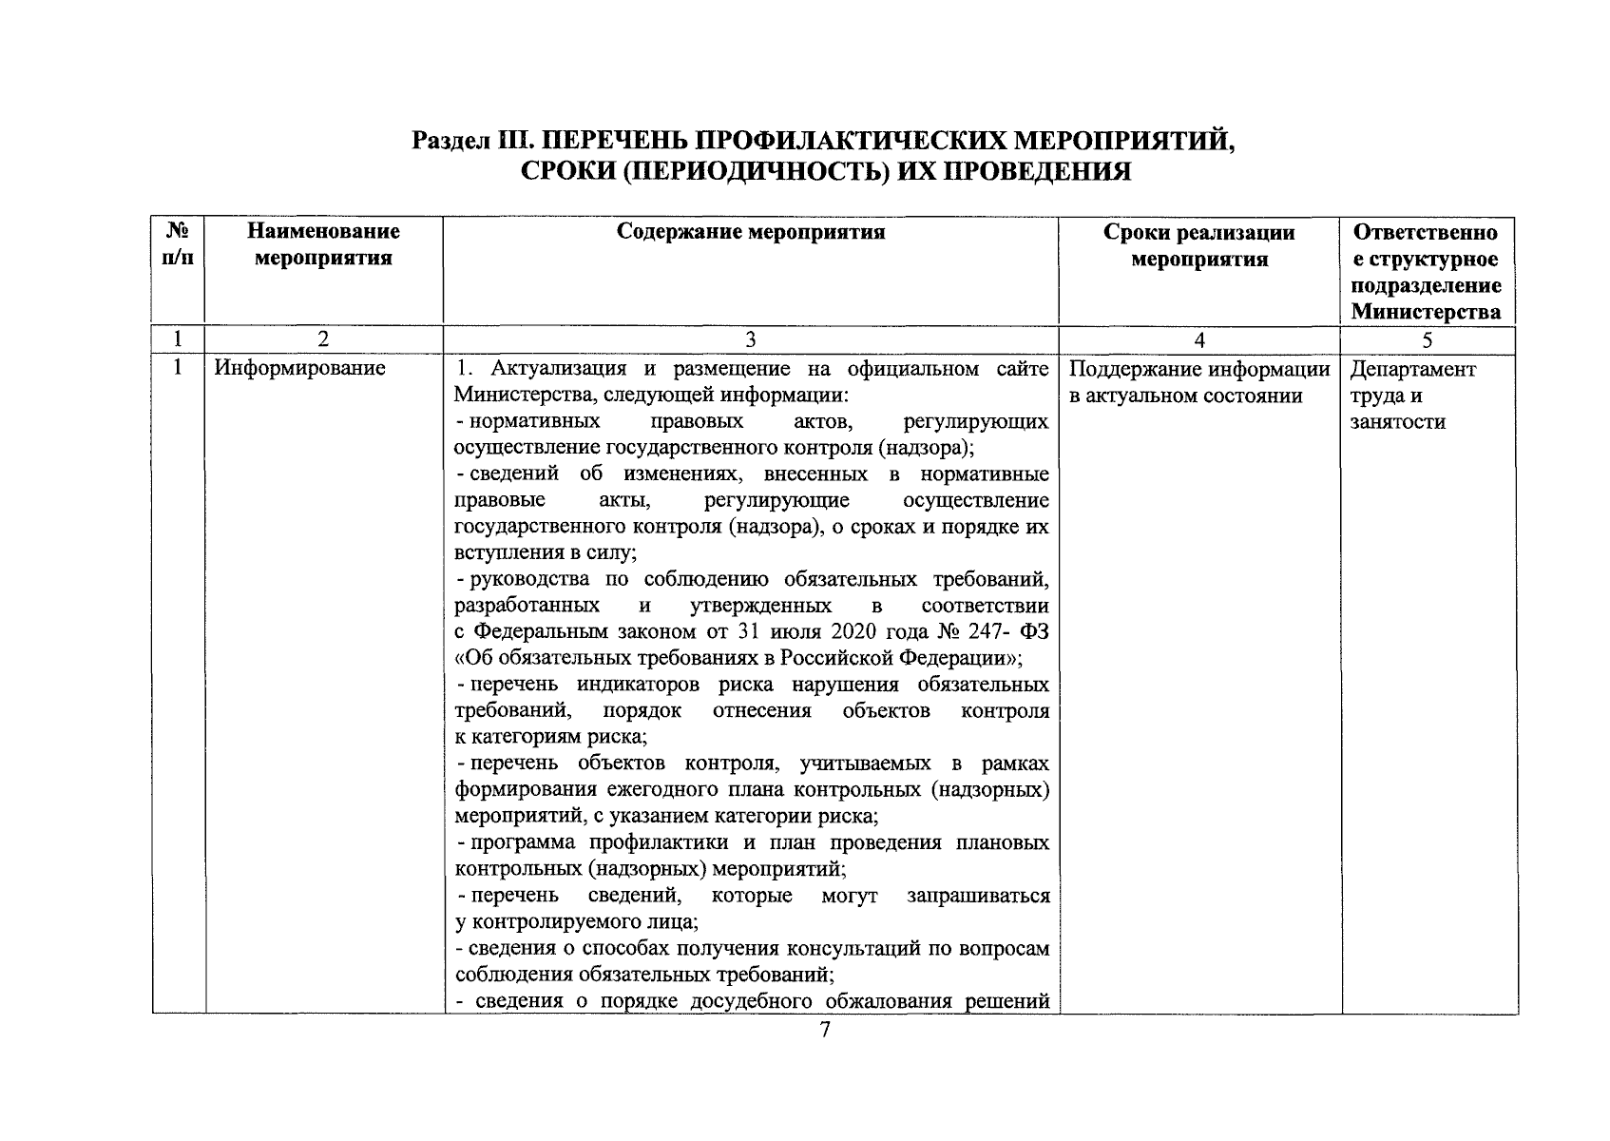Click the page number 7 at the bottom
point(824,1030)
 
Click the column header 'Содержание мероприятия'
point(751,232)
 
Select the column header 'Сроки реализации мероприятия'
point(1199,245)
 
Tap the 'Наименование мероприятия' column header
point(324,244)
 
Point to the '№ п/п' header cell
point(178,244)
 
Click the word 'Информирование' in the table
point(299,369)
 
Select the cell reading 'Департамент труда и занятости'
point(1412,396)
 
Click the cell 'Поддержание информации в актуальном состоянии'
point(1198,382)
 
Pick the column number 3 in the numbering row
point(751,340)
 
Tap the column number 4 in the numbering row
point(1199,340)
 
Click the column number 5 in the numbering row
point(1428,340)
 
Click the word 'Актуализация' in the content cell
point(550,369)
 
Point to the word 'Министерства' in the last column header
point(1427,312)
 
